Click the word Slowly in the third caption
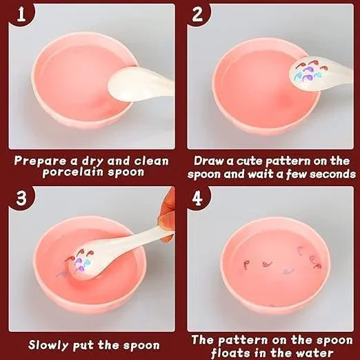click(x=52, y=345)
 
